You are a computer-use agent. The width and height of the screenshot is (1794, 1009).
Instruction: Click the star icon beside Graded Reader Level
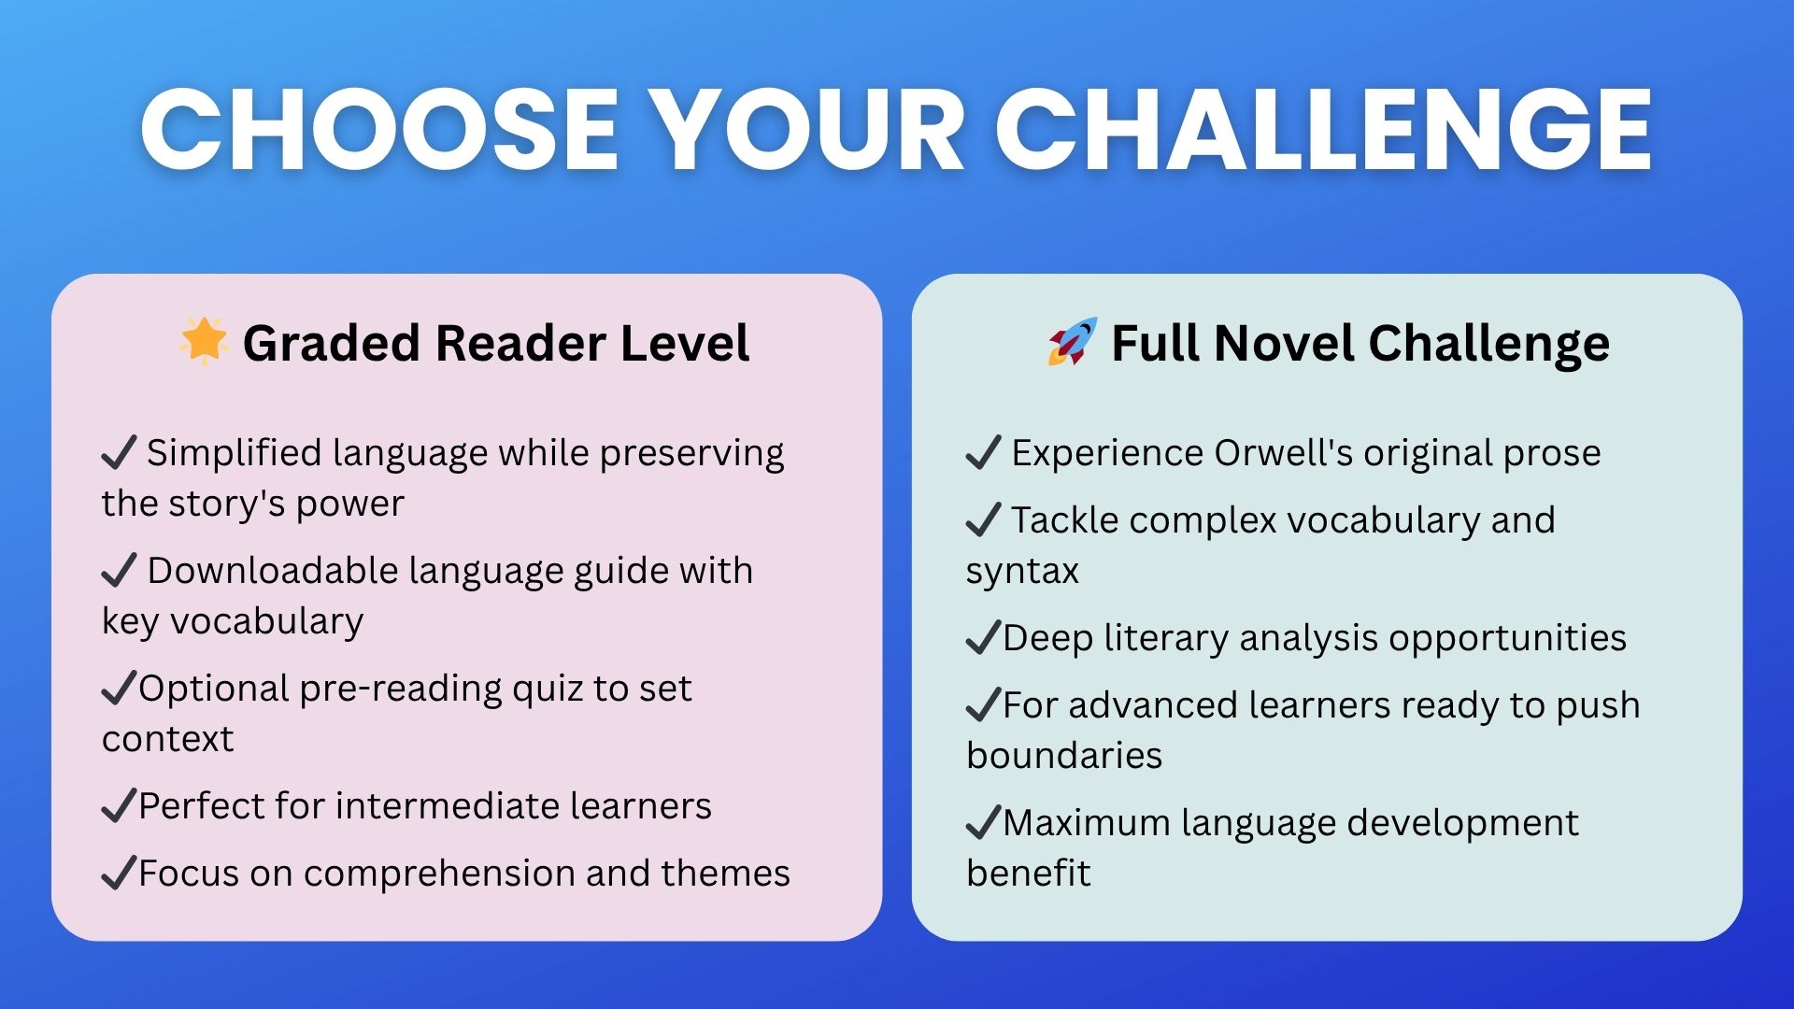[204, 340]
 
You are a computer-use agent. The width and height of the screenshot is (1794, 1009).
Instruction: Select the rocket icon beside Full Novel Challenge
[1072, 341]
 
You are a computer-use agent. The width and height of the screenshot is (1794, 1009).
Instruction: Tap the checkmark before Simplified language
[120, 452]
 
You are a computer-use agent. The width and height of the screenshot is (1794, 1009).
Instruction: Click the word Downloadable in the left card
[273, 570]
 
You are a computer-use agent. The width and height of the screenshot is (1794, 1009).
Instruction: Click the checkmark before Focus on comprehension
[120, 873]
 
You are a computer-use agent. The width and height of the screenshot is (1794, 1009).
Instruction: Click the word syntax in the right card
[1022, 571]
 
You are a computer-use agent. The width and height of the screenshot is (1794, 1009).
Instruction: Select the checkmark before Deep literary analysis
[984, 637]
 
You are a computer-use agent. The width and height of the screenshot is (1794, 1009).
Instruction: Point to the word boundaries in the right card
[1064, 755]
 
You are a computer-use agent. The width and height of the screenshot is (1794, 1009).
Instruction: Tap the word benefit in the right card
[1028, 873]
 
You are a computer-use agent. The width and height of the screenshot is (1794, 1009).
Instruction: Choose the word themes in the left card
[725, 873]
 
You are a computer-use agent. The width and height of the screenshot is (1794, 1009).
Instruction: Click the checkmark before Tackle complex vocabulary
[984, 519]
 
